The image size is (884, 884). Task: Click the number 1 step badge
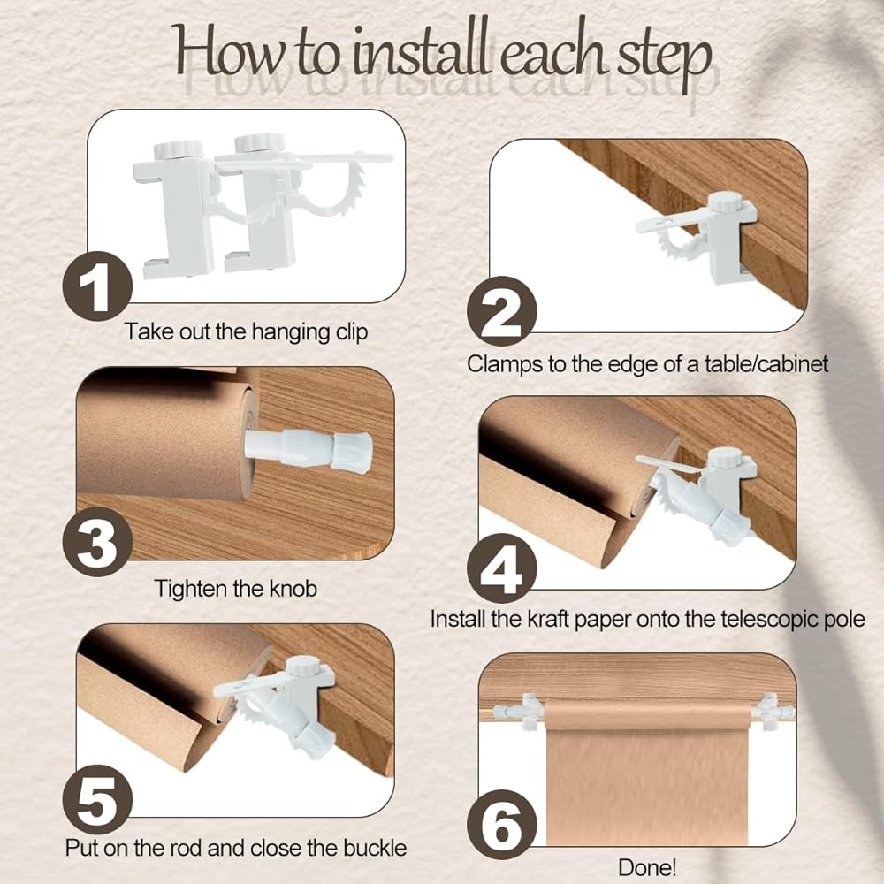point(97,286)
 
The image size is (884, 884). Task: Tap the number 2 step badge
point(502,311)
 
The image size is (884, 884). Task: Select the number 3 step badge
point(97,542)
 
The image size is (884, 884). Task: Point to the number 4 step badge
point(502,568)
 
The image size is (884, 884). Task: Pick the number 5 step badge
point(97,800)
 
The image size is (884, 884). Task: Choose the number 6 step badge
point(502,826)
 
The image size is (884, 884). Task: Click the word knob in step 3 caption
point(293,589)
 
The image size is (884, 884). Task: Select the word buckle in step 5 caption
point(373,848)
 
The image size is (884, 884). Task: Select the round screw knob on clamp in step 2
point(726,202)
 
